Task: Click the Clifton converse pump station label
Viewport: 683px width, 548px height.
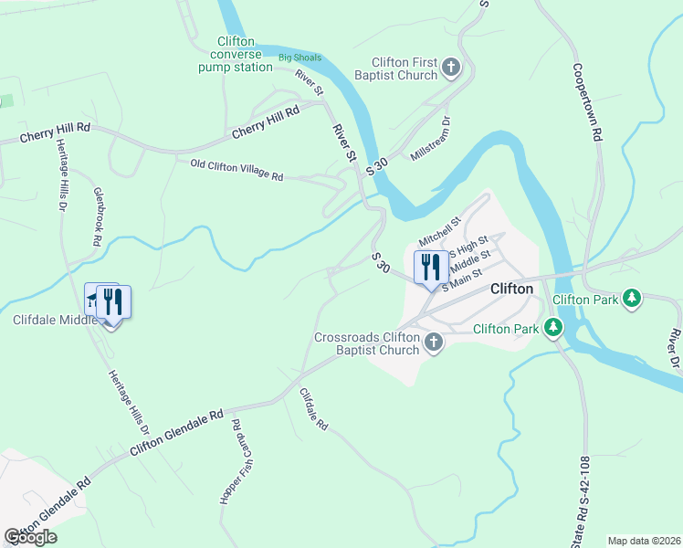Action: point(245,54)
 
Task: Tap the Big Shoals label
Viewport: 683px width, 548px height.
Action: point(299,58)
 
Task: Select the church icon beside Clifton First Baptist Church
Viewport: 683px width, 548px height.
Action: point(451,67)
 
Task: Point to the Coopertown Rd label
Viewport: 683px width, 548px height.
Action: point(589,100)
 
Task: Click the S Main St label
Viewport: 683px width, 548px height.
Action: point(461,279)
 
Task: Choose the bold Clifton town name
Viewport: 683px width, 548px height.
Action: point(511,288)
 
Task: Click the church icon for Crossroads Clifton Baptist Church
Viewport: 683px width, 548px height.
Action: point(434,342)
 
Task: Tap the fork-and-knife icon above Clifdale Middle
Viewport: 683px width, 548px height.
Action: point(113,300)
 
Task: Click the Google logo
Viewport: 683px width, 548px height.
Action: point(31,536)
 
